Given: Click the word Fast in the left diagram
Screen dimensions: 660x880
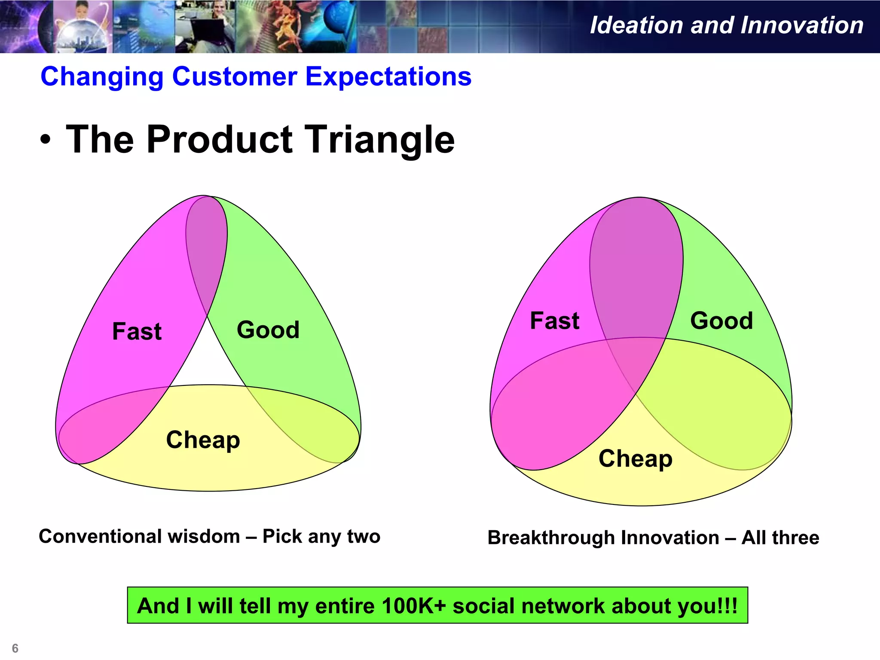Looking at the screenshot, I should pos(137,332).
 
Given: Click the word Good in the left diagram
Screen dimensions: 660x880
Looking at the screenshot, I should pos(268,330).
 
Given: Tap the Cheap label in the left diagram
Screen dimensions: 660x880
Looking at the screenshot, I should pos(203,440).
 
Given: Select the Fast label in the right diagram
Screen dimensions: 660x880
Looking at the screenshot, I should pos(554,321).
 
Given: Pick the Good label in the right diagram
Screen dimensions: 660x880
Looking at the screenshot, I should pos(721,321).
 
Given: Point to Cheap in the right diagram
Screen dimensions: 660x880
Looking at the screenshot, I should pos(635,459).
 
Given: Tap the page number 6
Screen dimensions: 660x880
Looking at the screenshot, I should pos(15,648).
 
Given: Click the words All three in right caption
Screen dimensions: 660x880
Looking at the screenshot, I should pos(780,538).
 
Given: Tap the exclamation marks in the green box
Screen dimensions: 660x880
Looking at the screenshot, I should pos(730,606).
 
